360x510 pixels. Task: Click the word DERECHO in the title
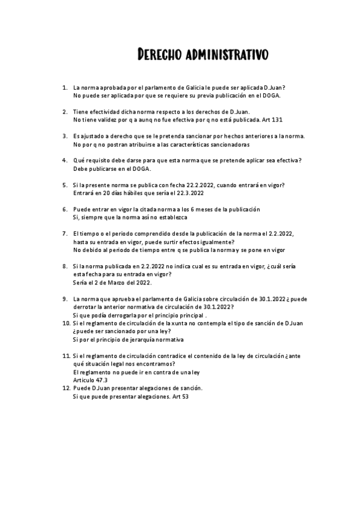159,56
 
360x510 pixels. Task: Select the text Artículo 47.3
87,380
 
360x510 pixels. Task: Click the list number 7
65,233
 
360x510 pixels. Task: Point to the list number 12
66,389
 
